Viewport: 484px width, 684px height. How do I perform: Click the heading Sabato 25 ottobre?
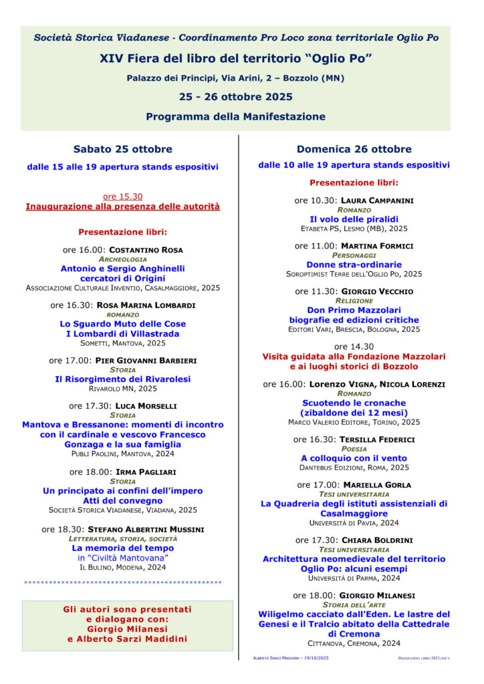122,149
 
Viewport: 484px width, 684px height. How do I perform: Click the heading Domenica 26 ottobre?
354,149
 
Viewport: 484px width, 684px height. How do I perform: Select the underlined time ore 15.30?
122,196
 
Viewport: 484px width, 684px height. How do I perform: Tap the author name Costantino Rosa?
146,250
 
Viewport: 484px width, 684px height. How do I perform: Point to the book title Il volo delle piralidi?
354,219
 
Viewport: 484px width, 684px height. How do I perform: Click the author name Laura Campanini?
377,200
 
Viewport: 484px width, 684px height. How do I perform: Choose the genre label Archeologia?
122,259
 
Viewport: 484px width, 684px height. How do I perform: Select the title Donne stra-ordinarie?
354,265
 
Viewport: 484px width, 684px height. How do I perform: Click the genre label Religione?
354,301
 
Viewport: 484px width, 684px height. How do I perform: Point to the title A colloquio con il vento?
354,458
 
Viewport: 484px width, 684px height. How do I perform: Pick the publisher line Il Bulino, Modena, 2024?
122,567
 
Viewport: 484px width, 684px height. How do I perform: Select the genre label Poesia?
354,449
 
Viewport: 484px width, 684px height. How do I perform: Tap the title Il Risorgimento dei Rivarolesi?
122,379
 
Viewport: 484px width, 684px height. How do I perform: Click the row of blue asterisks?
122,583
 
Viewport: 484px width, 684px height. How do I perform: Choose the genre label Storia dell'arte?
354,605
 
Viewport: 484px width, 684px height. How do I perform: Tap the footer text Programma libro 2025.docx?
423,658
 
